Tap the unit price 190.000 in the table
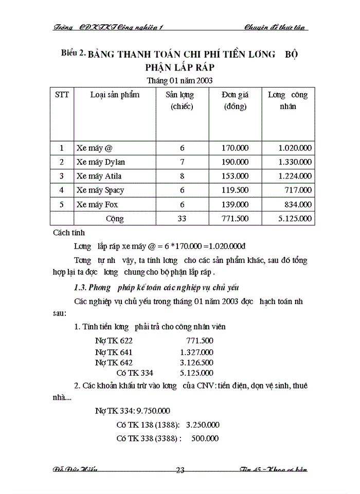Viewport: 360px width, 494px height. coord(235,162)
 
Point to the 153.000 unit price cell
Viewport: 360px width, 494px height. coord(235,176)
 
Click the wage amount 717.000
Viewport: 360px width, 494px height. coord(298,190)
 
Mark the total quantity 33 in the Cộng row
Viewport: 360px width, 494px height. coord(182,219)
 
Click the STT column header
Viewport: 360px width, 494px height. coord(62,95)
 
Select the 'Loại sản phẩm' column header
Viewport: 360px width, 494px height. coord(115,95)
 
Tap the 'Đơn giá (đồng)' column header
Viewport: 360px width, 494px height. coord(235,101)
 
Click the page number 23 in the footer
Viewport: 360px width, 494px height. coord(181,469)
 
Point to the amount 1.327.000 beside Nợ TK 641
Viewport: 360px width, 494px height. coord(196,352)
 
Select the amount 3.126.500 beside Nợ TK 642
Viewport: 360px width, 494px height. coord(196,362)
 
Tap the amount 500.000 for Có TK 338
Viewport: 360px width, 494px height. coord(205,438)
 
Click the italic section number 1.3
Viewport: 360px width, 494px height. coord(82,287)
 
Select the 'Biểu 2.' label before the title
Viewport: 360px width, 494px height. coord(73,53)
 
